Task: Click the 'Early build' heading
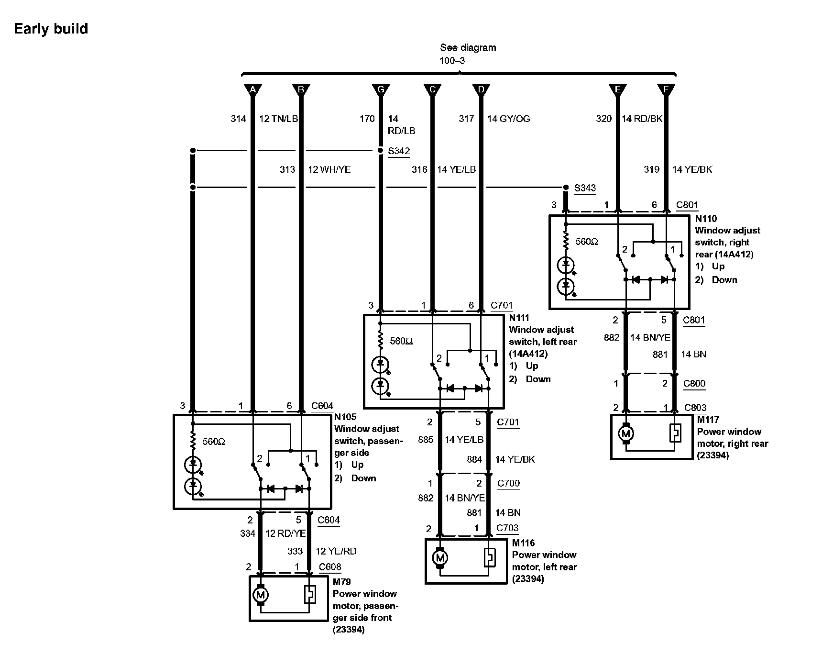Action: [x=51, y=29]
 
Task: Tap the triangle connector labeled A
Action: [x=253, y=89]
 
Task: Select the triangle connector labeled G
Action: [x=381, y=89]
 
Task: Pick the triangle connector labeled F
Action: [x=666, y=89]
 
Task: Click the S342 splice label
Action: [x=399, y=151]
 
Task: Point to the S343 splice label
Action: [x=585, y=188]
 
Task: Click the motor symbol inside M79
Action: [x=261, y=595]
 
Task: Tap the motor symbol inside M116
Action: [x=440, y=558]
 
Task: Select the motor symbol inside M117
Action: [x=625, y=434]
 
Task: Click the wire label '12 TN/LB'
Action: [x=278, y=119]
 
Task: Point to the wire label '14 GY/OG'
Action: [x=508, y=119]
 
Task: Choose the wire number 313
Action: [x=287, y=169]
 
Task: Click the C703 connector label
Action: [x=507, y=528]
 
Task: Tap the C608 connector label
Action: [x=330, y=567]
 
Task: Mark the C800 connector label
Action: [x=694, y=383]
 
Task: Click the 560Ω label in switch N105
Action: [x=214, y=442]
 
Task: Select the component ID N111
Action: [x=519, y=318]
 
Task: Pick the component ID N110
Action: [x=706, y=219]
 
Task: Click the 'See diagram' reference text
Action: [x=468, y=47]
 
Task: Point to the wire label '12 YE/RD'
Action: [x=336, y=551]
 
